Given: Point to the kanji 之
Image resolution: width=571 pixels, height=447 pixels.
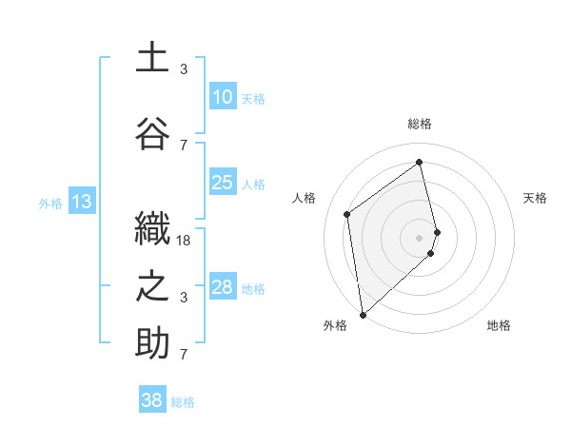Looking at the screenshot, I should click(x=152, y=286).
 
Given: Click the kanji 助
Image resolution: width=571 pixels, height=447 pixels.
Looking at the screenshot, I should click(x=152, y=343).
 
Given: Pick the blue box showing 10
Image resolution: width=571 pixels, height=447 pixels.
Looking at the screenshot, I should click(x=222, y=97).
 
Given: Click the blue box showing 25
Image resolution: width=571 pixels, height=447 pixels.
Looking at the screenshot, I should click(x=222, y=183).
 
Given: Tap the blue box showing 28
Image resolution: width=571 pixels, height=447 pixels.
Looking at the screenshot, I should click(x=222, y=287).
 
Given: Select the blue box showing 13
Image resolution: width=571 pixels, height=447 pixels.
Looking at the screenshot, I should click(x=81, y=201).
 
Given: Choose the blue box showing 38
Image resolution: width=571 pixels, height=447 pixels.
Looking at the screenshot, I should click(x=152, y=400).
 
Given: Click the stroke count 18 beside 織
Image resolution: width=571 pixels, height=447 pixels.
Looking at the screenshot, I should click(x=184, y=241).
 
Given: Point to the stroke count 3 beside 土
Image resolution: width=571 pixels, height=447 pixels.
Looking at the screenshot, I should click(x=184, y=69).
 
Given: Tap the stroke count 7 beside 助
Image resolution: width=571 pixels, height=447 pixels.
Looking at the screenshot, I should click(x=184, y=355).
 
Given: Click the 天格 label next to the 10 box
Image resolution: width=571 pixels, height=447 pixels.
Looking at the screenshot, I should click(x=253, y=98).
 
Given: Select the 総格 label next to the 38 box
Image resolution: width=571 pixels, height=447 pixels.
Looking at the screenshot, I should click(x=184, y=402).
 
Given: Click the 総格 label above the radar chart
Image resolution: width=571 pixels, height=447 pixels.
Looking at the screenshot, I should click(x=420, y=124).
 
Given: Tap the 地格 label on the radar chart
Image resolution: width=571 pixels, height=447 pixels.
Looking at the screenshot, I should click(x=499, y=326).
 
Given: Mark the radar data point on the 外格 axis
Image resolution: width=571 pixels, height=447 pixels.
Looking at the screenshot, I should click(x=363, y=314).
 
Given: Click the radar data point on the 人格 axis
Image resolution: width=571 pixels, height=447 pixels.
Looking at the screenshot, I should click(x=347, y=213).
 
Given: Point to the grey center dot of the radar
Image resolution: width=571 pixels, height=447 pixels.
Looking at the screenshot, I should click(x=420, y=237).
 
